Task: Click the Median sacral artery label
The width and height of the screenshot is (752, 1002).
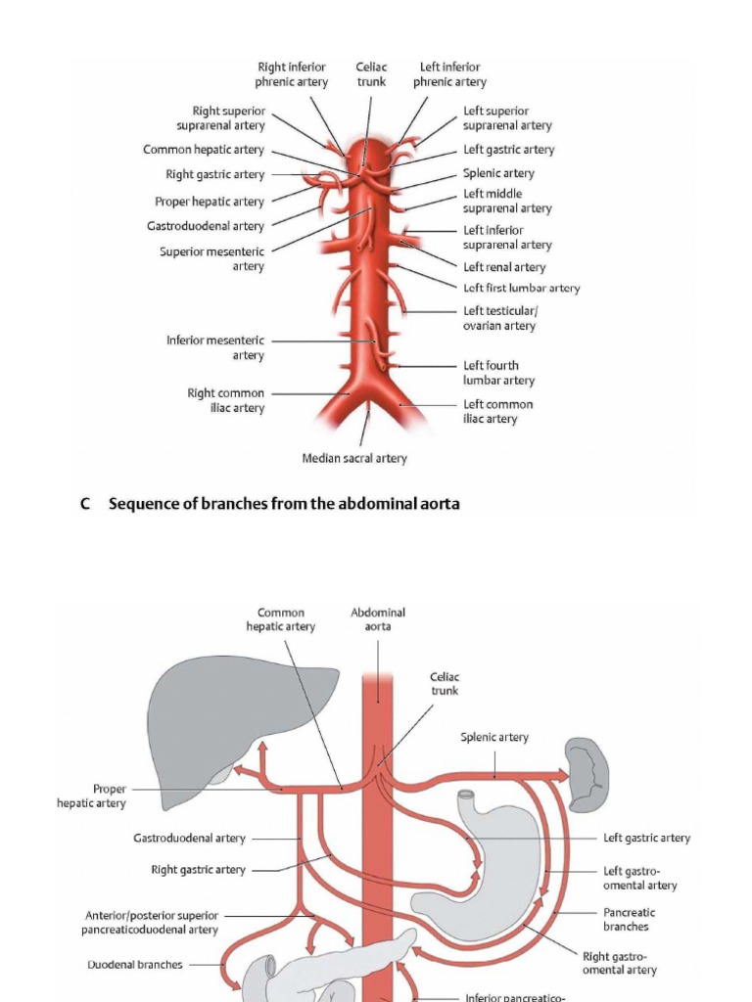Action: tap(354, 458)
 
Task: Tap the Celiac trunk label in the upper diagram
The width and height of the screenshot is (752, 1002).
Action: tap(371, 74)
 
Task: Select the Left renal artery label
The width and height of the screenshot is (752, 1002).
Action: tap(504, 267)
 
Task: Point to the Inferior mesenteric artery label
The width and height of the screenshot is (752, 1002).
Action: tap(215, 348)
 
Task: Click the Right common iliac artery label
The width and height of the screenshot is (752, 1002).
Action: tap(226, 400)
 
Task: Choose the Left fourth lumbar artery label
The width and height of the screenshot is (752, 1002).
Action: tap(498, 373)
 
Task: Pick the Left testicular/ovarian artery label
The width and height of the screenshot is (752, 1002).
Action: tap(499, 318)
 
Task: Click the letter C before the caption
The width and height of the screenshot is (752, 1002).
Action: tap(86, 504)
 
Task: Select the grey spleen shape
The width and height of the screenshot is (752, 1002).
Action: tap(588, 773)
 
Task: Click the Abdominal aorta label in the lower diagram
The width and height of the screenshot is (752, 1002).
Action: tap(378, 619)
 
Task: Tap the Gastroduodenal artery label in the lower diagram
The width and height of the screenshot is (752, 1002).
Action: tap(190, 839)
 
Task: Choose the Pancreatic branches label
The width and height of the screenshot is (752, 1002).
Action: tap(626, 919)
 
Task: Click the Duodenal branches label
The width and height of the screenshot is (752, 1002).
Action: tap(135, 964)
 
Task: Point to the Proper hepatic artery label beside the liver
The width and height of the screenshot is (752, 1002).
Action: tap(92, 796)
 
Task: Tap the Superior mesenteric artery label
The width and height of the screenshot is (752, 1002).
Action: tap(212, 258)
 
